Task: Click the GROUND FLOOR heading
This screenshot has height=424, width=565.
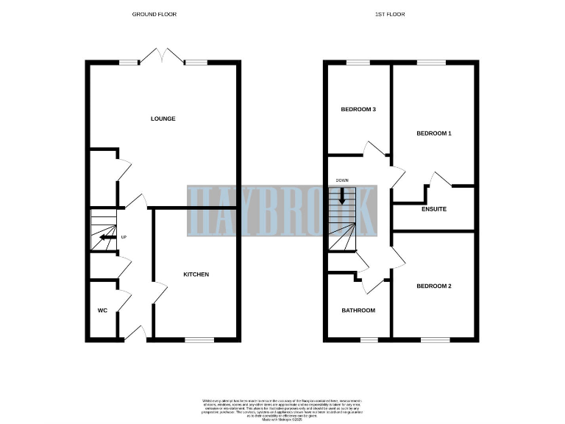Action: tap(154, 14)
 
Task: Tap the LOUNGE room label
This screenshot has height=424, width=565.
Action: tap(163, 119)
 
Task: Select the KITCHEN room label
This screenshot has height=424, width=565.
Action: tap(196, 275)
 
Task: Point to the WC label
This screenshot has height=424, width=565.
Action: tap(102, 311)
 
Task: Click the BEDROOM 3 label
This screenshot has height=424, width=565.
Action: tap(358, 110)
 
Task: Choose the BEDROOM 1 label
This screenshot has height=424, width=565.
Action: tap(433, 133)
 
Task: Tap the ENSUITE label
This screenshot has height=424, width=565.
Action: tap(433, 209)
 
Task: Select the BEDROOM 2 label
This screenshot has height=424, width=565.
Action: tap(433, 286)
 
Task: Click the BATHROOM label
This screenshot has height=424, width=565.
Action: tap(358, 311)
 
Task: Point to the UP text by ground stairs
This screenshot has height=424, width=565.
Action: tap(124, 237)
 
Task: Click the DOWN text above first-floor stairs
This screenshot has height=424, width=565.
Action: tap(342, 180)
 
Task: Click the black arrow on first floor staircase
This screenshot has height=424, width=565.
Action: tap(342, 195)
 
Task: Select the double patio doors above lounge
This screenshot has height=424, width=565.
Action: tap(163, 57)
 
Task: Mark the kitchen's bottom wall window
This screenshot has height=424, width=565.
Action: tap(199, 339)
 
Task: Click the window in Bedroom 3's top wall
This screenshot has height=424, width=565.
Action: tap(358, 63)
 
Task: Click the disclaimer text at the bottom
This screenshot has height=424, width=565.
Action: tap(283, 409)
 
